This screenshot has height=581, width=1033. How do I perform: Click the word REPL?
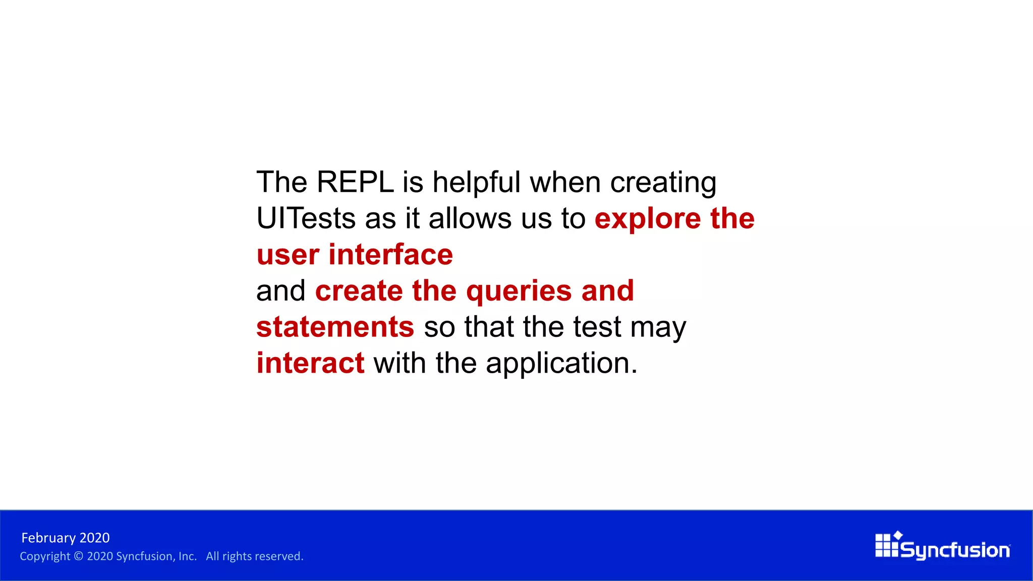[355, 182]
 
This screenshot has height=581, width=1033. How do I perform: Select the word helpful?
[476, 182]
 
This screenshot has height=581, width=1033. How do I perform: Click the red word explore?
[648, 219]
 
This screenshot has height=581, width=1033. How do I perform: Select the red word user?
[288, 255]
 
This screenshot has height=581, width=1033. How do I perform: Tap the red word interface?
[390, 254]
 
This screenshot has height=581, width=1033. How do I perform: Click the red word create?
[359, 291]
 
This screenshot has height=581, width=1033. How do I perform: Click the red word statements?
[335, 327]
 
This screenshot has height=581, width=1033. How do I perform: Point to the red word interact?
[310, 363]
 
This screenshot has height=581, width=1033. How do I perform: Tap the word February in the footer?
[49, 538]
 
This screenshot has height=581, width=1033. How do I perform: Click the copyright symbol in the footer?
[78, 556]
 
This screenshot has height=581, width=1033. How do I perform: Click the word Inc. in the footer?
[187, 556]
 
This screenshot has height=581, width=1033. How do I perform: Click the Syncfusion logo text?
[955, 550]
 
